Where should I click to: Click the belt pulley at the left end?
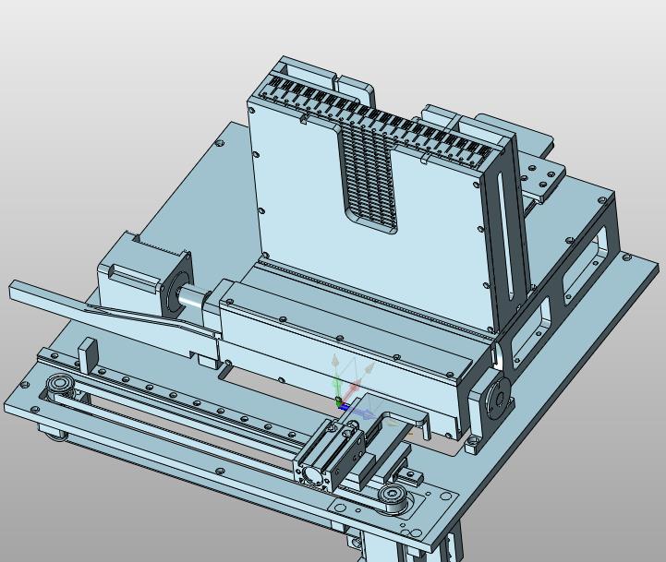click(x=61, y=385)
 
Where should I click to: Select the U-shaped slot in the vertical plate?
click(x=369, y=180)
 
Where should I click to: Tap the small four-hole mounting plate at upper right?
click(x=542, y=177)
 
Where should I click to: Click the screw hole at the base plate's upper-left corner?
click(x=221, y=145)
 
